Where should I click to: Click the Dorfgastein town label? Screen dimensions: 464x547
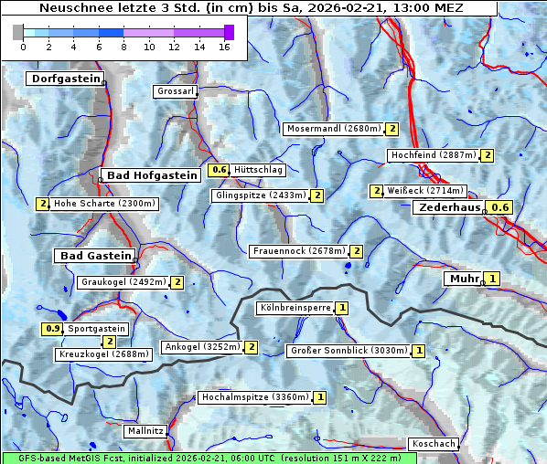point(65,79)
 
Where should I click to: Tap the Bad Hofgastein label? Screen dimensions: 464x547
point(151,175)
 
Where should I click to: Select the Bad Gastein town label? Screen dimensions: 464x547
point(95,256)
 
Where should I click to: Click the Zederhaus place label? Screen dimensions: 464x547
point(448,208)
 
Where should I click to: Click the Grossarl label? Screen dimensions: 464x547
point(174,92)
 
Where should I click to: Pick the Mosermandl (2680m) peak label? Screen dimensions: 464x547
point(333,129)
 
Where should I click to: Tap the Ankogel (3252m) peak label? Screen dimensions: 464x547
point(201,347)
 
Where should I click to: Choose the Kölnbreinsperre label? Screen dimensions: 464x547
point(295,308)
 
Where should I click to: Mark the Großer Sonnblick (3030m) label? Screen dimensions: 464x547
point(348,351)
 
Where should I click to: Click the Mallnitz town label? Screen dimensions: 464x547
point(145,430)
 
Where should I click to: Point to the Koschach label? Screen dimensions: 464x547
point(434,444)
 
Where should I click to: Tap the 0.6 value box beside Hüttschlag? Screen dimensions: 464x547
point(219,170)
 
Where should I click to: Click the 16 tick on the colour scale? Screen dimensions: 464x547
point(224,47)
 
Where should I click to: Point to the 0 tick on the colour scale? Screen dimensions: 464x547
point(23,47)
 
